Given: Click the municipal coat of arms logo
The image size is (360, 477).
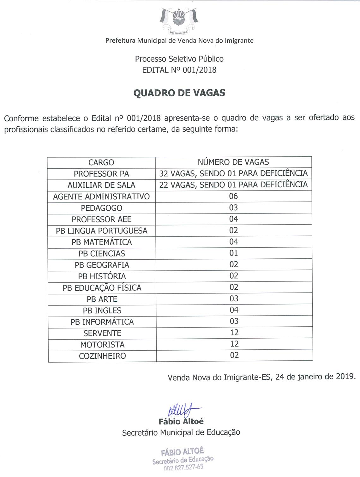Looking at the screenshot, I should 179,21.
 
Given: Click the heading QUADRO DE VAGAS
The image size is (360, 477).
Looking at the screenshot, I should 179,93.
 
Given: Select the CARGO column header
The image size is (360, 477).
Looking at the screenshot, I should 101,162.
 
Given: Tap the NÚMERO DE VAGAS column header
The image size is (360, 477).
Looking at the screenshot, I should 233,162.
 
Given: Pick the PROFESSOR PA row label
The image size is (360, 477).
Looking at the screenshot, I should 101,174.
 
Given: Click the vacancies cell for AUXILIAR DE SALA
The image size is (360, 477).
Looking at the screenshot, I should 233,184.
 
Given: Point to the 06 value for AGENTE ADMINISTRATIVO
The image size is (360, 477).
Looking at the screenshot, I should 233,196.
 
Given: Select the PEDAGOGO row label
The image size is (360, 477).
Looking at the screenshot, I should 101,208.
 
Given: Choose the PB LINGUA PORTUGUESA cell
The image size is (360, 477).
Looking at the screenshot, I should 101,231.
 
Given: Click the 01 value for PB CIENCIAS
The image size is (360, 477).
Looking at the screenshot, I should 234,253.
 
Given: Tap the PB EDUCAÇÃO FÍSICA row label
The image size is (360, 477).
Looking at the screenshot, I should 102,288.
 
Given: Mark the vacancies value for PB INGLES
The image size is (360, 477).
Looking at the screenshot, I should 234,310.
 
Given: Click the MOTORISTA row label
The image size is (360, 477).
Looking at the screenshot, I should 102,345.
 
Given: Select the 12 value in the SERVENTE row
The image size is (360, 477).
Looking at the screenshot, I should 234,333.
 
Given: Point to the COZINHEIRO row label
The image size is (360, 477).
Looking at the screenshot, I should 102,356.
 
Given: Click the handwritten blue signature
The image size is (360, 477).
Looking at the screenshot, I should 182,410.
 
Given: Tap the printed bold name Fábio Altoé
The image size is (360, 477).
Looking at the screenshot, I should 181,421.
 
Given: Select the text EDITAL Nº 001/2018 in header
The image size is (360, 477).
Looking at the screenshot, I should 179,70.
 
